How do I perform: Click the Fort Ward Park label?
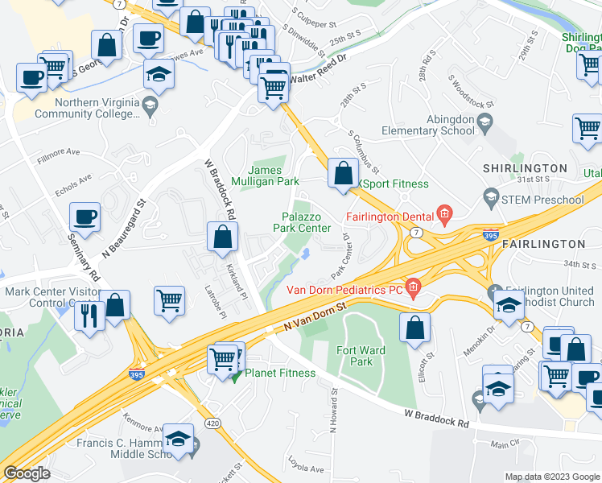click(362, 356)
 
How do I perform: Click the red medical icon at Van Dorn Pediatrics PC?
click(413, 286)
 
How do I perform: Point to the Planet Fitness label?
click(280, 373)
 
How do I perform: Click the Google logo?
click(27, 473)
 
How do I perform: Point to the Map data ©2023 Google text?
click(551, 477)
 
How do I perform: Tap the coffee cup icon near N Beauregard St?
click(85, 217)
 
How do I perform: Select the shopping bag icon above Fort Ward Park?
click(415, 327)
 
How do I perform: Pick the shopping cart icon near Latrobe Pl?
click(170, 300)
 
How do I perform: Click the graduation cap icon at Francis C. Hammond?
click(178, 439)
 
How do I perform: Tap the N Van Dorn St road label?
click(314, 318)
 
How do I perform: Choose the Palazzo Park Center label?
click(307, 222)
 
